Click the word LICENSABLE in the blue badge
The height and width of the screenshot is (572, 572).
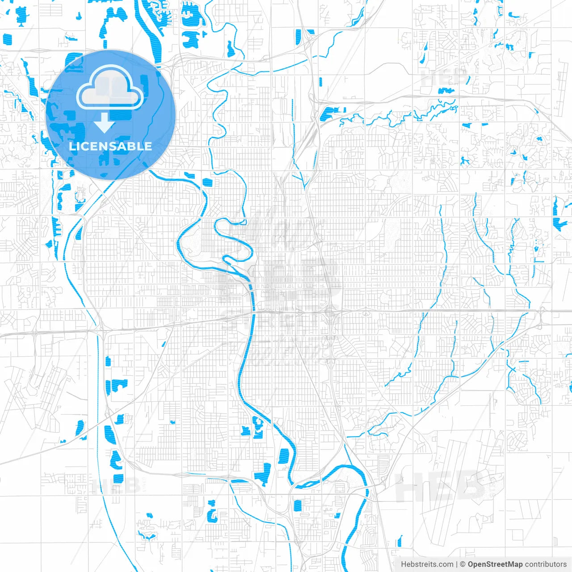click(110, 146)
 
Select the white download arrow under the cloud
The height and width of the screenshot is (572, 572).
click(105, 123)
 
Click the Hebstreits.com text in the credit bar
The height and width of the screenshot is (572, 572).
click(427, 564)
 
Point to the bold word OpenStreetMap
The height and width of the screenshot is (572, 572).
click(495, 564)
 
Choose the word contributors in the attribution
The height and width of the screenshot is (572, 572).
click(545, 564)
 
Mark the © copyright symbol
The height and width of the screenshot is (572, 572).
click(463, 564)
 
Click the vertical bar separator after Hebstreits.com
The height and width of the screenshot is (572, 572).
click(456, 564)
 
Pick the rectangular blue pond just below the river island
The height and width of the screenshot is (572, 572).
click(298, 505)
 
